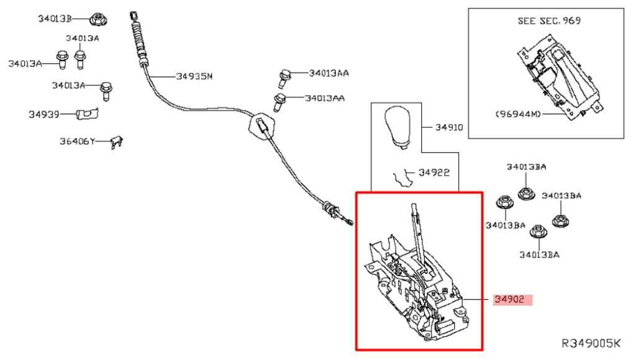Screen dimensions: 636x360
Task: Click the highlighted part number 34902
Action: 509,299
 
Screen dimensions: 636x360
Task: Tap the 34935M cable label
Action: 194,76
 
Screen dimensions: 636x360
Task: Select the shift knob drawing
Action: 397,127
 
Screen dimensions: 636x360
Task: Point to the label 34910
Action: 449,127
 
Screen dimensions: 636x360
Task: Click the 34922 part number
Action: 434,173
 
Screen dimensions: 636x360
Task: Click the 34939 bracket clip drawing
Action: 87,114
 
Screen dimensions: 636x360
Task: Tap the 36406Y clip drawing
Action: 117,142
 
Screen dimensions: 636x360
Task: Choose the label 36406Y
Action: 77,141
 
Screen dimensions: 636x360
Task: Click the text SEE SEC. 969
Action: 549,20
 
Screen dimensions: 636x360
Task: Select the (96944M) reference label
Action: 519,114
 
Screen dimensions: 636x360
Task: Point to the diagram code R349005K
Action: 591,343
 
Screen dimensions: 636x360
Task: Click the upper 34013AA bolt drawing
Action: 284,78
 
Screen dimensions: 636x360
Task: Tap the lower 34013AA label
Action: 324,98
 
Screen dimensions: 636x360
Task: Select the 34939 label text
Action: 44,114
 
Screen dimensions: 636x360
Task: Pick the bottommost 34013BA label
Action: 539,254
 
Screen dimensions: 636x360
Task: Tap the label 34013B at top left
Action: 55,19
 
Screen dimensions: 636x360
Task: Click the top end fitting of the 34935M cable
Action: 133,16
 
